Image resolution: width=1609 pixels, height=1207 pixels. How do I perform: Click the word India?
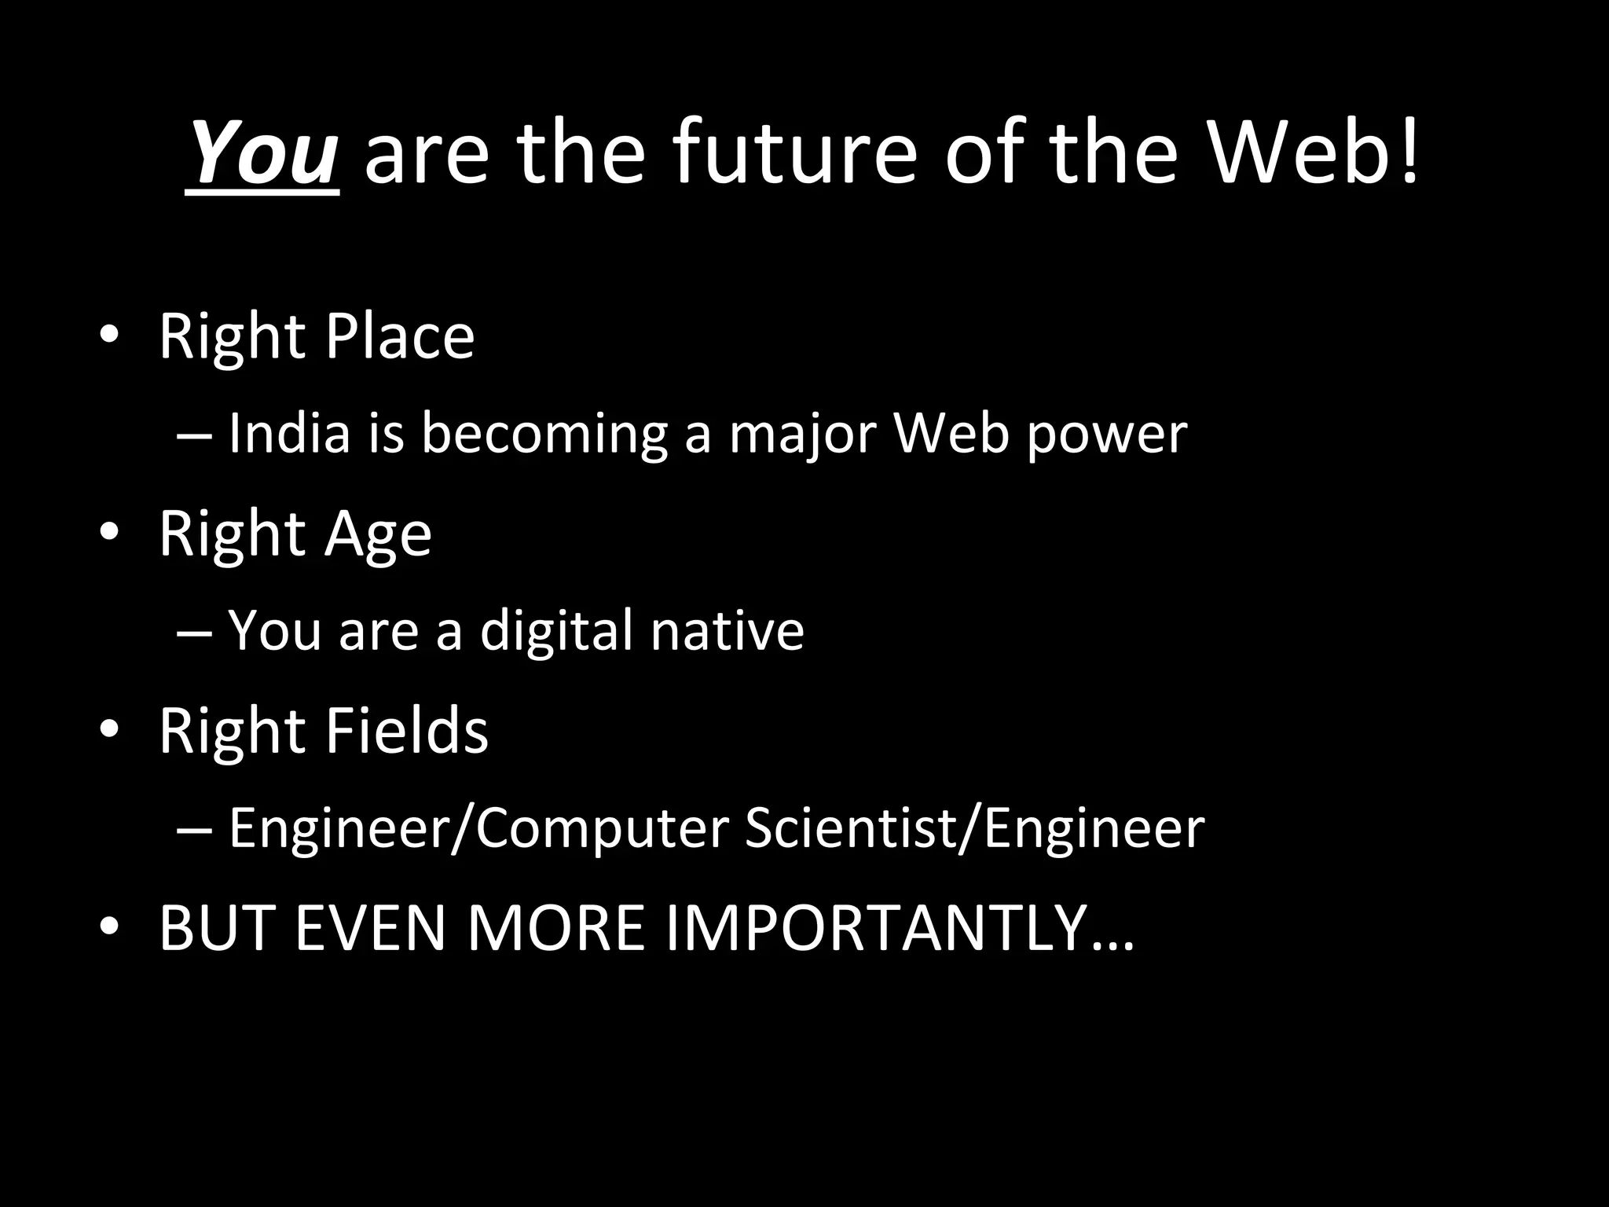point(289,434)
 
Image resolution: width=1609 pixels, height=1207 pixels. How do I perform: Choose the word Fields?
point(406,731)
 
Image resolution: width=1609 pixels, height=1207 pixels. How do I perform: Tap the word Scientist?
point(852,828)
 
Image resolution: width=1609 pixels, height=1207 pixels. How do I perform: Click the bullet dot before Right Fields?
point(109,731)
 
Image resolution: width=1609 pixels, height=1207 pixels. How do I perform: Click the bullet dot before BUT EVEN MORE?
point(109,928)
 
